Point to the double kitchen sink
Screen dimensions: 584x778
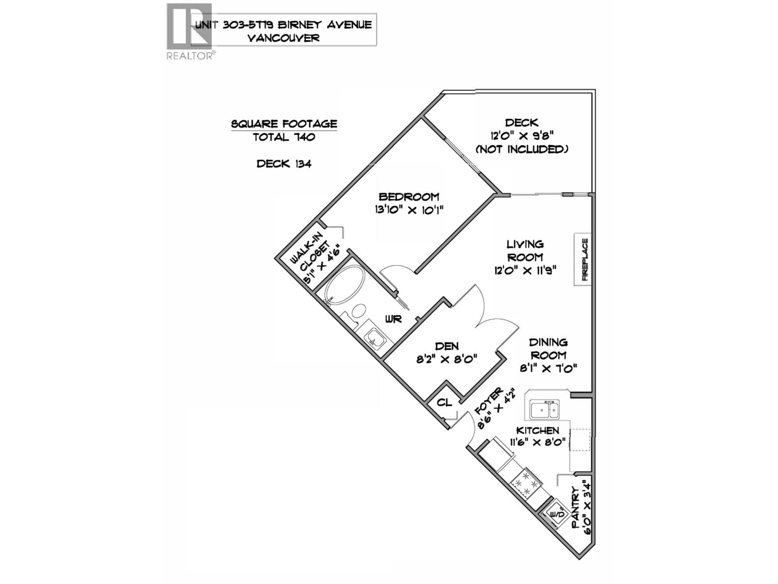(544, 410)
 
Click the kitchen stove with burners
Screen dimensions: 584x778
(526, 486)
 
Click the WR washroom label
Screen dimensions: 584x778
(393, 319)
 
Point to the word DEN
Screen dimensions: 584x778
(447, 346)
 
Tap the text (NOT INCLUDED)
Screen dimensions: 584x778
(522, 149)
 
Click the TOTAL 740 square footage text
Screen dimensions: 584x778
(284, 137)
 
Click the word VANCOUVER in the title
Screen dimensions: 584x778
(283, 38)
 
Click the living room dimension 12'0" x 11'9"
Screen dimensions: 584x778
(525, 271)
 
